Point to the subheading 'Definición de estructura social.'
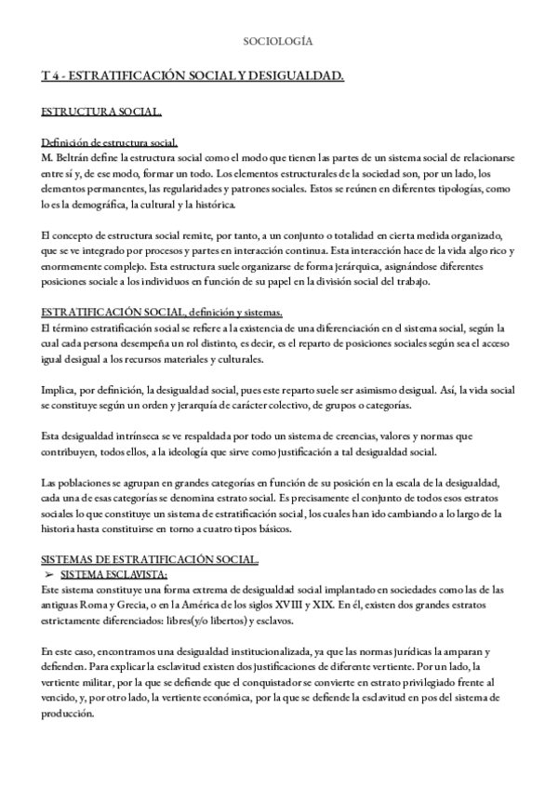[110, 142]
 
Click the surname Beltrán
[77, 156]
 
